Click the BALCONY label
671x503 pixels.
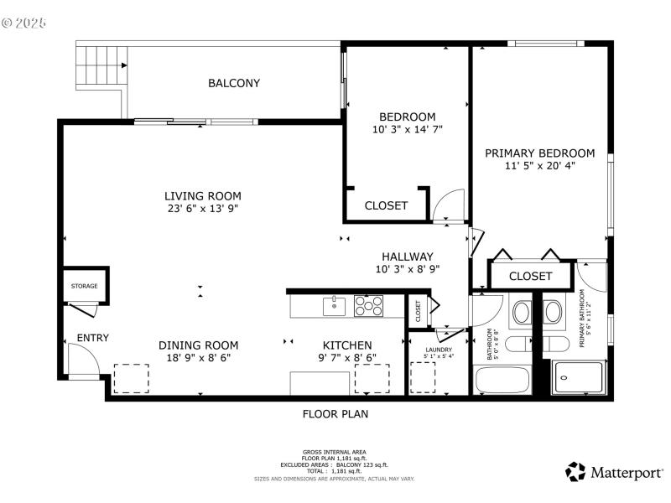[x=234, y=83]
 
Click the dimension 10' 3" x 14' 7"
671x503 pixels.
[x=407, y=130]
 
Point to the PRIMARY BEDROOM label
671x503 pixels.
[x=539, y=153]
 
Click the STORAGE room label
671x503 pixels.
[x=84, y=286]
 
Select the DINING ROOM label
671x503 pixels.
[x=199, y=345]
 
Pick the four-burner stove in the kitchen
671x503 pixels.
[x=369, y=305]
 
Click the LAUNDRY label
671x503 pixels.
[x=439, y=350]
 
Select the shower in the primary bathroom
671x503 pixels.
[x=577, y=378]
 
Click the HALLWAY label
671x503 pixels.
[x=407, y=257]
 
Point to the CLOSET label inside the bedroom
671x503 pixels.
[x=386, y=205]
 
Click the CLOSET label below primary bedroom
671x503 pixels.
[x=530, y=276]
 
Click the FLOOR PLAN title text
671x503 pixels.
[x=335, y=413]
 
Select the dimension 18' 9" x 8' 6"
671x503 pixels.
[x=199, y=357]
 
